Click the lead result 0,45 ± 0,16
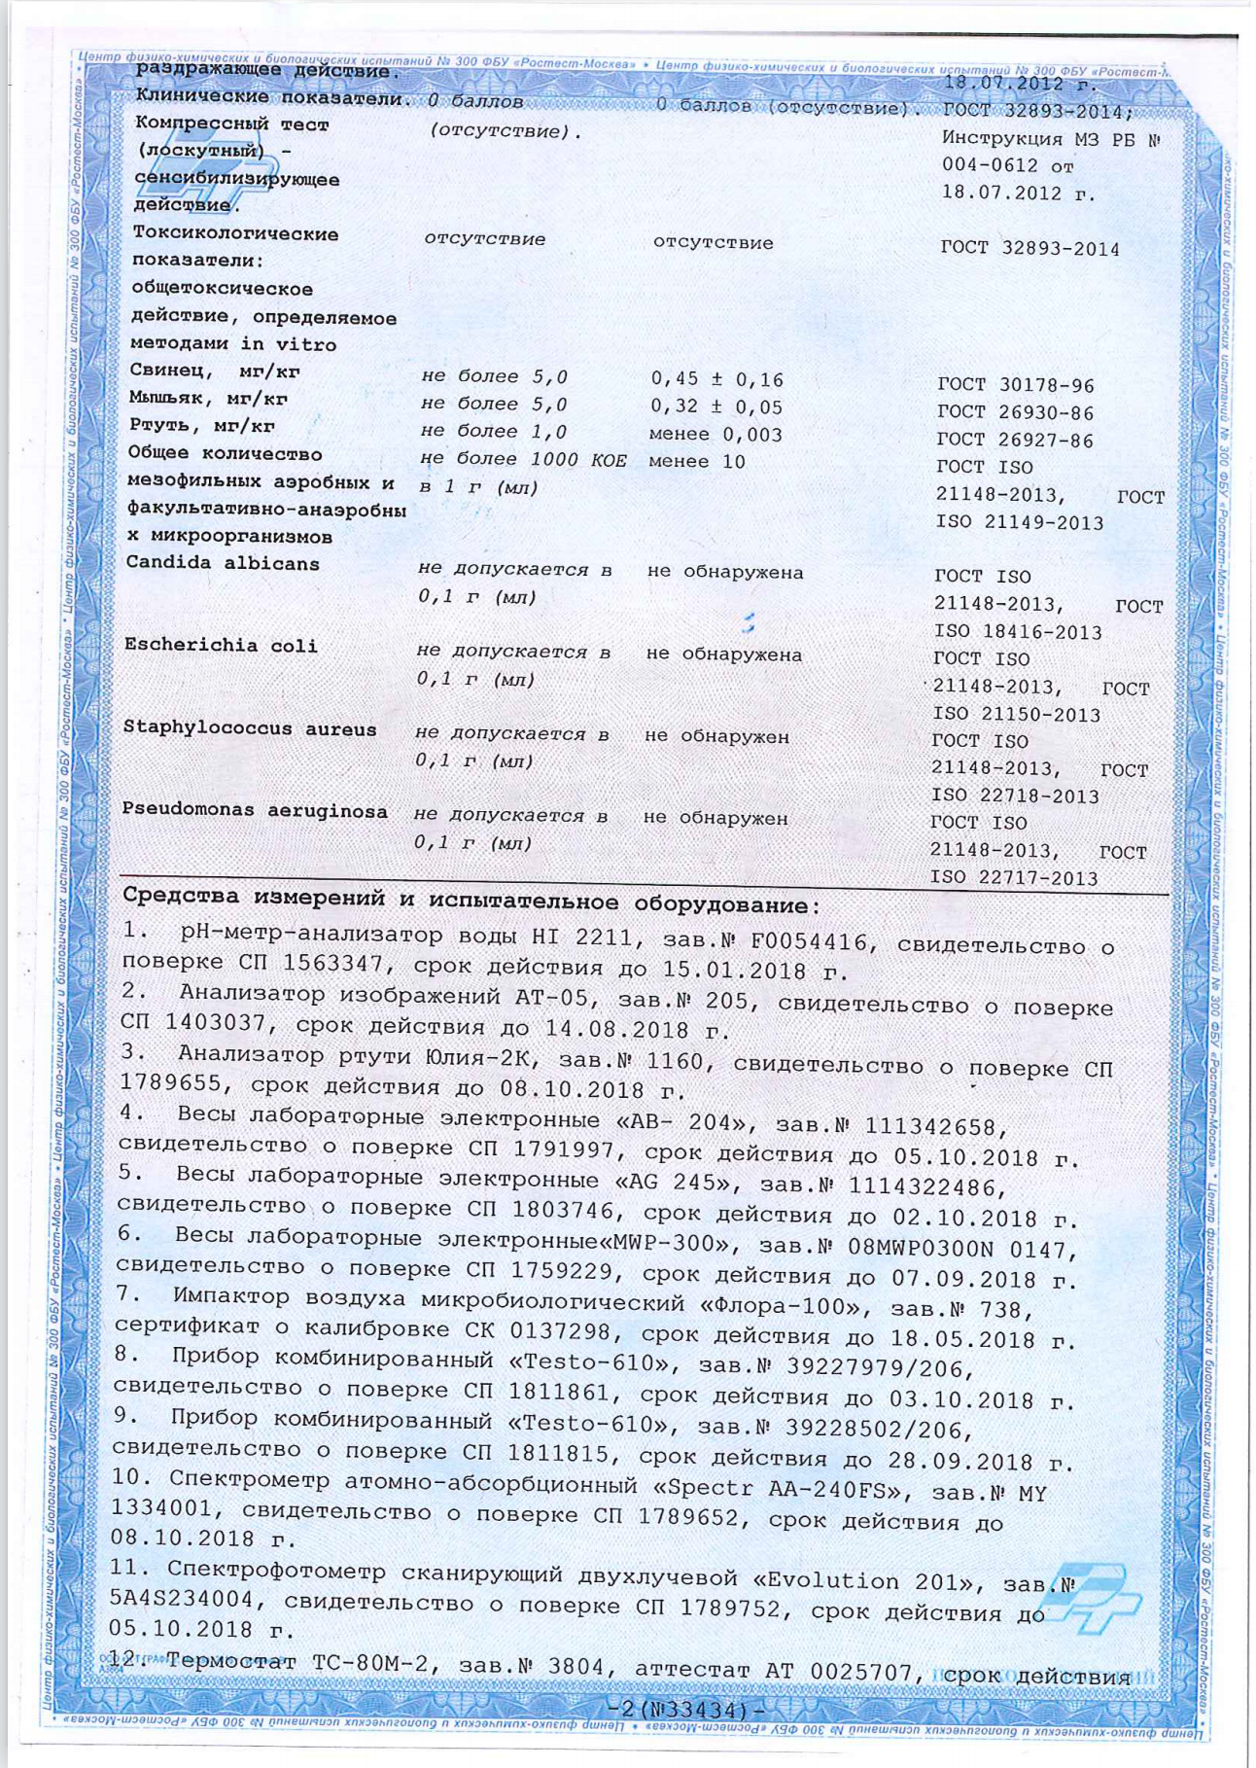pyautogui.click(x=716, y=379)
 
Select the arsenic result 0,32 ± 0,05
pyautogui.click(x=716, y=407)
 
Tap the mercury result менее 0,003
pyautogui.click(x=715, y=435)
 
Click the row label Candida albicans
pyautogui.click(x=223, y=563)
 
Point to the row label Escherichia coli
pyautogui.click(x=221, y=646)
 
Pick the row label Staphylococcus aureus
pyautogui.click(x=249, y=728)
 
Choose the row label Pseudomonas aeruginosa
pyautogui.click(x=254, y=810)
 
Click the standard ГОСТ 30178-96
pyautogui.click(x=1001, y=385)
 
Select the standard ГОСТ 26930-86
pyautogui.click(x=1001, y=412)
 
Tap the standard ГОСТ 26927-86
pyautogui.click(x=1001, y=440)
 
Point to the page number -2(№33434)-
pyautogui.click(x=684, y=1709)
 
